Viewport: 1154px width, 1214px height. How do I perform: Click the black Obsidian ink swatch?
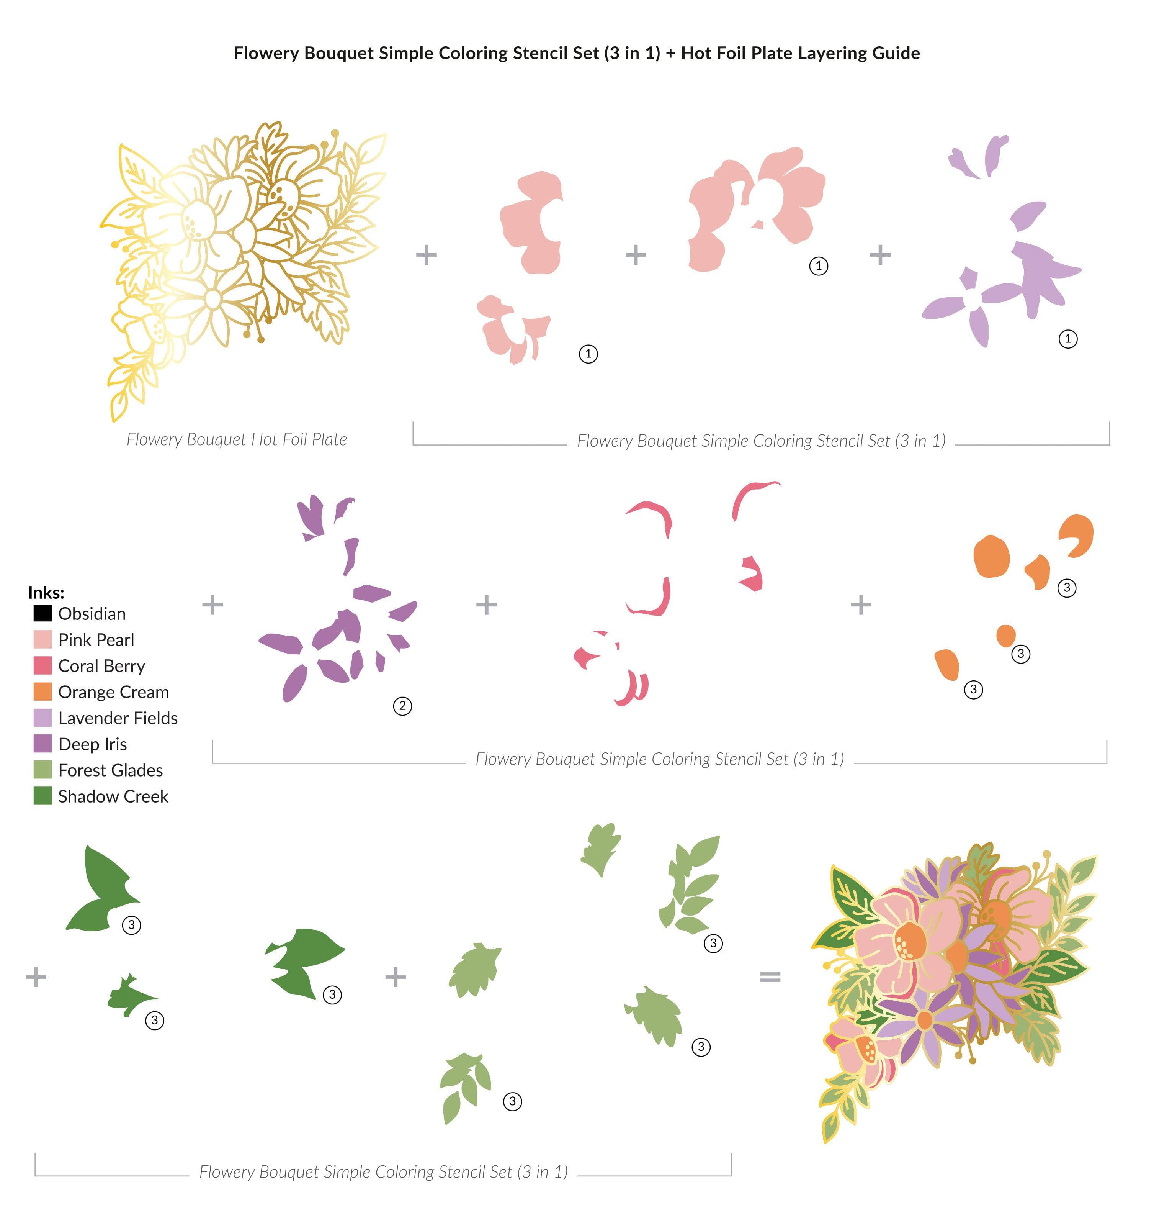coord(42,613)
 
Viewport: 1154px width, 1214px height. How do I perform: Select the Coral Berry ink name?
coord(101,666)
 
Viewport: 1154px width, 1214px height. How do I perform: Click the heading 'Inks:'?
coord(46,593)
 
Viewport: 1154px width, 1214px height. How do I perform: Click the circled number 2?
coord(402,706)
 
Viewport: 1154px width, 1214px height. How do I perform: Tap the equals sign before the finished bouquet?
coord(770,976)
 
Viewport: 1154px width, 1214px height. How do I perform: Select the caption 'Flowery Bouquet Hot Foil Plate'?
coord(237,439)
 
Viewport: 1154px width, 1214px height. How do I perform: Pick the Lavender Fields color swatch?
coord(42,718)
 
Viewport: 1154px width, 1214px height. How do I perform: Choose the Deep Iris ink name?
coord(92,744)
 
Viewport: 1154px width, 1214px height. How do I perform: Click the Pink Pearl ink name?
coord(96,640)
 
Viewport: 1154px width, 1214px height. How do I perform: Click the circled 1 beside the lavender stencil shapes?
coord(1068,338)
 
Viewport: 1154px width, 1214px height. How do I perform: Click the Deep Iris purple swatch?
coord(42,744)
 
